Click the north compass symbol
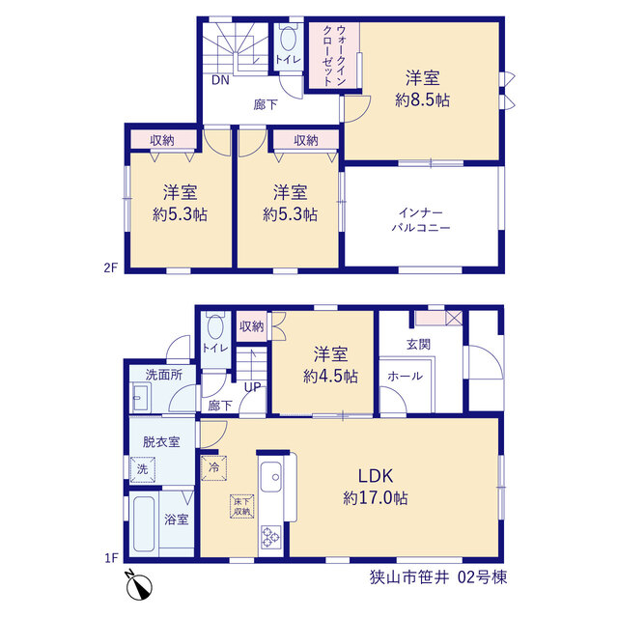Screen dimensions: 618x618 click(139, 586)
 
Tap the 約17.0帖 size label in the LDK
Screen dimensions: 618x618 click(376, 498)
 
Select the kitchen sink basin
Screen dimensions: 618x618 click(270, 476)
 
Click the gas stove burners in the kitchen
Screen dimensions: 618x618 click(270, 537)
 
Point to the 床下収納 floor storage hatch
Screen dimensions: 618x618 click(242, 506)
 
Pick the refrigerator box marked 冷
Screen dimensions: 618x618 click(214, 467)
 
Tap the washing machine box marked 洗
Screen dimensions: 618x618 click(143, 469)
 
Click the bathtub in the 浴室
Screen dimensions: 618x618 click(144, 523)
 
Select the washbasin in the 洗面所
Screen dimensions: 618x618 click(140, 398)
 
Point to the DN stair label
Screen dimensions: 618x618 click(220, 80)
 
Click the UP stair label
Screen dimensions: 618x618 click(253, 387)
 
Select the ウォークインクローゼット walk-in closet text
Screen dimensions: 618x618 click(334, 55)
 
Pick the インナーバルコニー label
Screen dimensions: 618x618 click(421, 220)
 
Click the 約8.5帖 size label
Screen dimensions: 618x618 click(423, 100)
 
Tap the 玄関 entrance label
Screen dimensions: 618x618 click(418, 345)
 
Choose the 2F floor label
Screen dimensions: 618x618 click(111, 268)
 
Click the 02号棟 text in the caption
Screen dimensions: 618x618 click(482, 577)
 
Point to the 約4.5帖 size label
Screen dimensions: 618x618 click(330, 377)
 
